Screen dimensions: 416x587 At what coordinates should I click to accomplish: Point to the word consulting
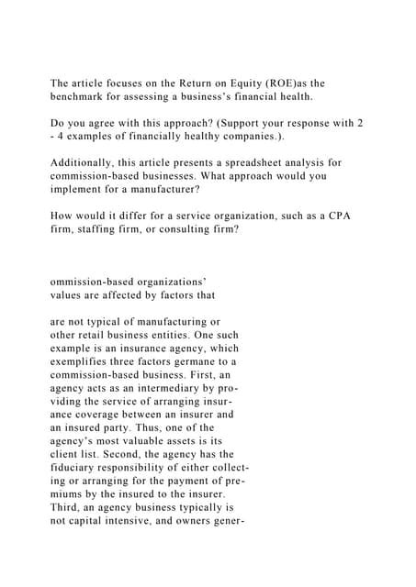coord(187,228)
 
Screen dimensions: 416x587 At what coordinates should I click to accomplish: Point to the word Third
coord(66,506)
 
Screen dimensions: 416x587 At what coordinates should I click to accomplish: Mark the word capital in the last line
coord(98,519)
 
